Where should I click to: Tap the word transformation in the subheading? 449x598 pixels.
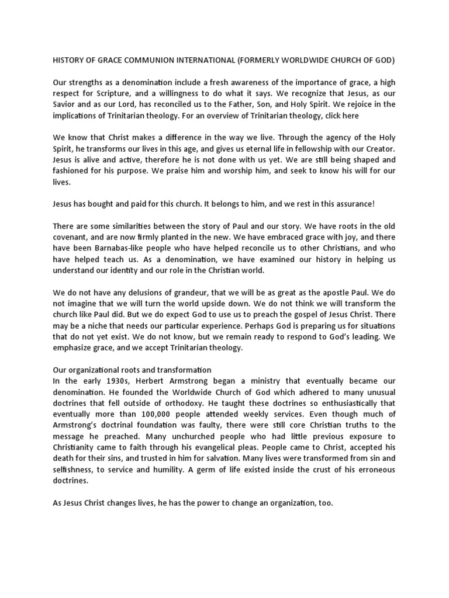coord(182,370)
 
